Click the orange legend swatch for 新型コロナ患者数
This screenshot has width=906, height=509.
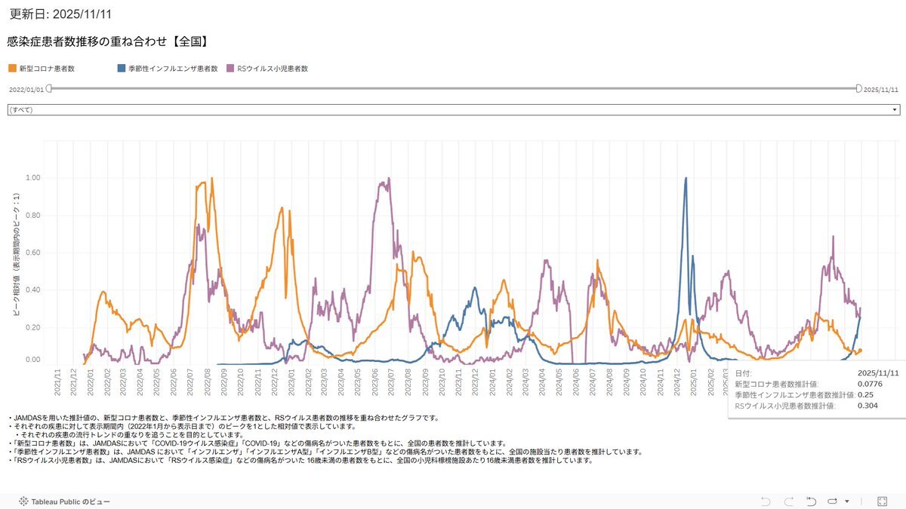coord(12,69)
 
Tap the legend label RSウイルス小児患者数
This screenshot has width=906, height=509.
coord(272,69)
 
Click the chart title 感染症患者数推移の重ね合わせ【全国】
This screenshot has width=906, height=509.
coord(107,41)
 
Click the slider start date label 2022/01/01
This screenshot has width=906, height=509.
coord(26,89)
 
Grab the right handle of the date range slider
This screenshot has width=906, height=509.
coord(858,88)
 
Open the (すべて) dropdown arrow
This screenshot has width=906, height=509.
coord(895,110)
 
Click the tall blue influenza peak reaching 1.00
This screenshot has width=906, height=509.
coord(686,179)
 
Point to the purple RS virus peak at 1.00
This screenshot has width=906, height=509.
coord(388,179)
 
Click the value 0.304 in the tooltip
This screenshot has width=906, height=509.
coord(869,406)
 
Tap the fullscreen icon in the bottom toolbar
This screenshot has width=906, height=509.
coord(882,501)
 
